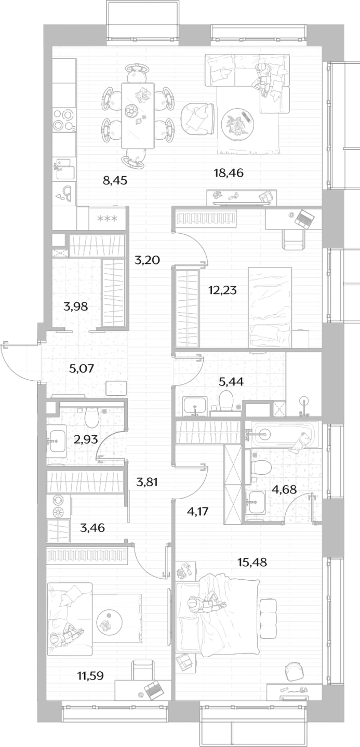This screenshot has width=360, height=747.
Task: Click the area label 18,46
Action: point(229,173)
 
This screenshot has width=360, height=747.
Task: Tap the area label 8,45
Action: point(115,181)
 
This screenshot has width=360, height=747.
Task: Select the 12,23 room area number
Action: point(222,290)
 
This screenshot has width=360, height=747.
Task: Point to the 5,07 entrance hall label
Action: point(82,368)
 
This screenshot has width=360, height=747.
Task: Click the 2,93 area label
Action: point(86,439)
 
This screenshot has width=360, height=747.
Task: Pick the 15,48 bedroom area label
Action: point(252,562)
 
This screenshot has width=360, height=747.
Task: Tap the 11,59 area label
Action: point(90,676)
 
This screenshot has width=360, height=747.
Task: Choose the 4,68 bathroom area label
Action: point(284,489)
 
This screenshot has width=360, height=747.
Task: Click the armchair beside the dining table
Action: point(197,118)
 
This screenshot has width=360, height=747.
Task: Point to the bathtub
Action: point(282,434)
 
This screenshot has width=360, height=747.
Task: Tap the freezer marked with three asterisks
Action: point(108,218)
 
